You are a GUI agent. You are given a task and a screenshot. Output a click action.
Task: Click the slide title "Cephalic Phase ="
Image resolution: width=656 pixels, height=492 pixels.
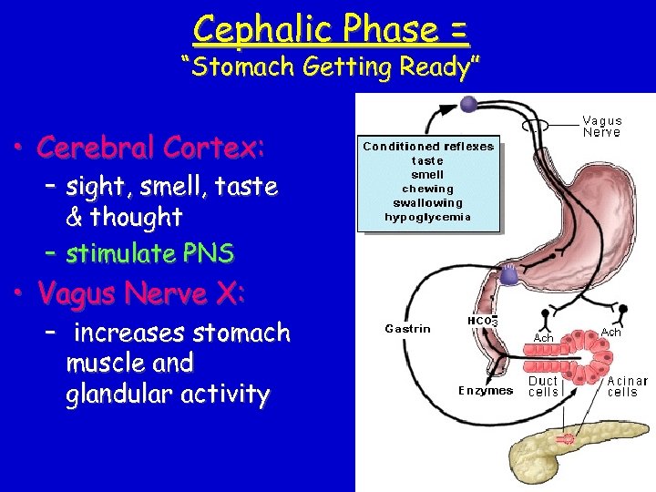(332, 29)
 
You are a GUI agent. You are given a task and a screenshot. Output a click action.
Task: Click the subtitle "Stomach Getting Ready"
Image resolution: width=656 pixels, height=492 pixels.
(330, 67)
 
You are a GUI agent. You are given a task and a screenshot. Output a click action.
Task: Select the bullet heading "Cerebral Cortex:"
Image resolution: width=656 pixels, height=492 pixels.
(151, 147)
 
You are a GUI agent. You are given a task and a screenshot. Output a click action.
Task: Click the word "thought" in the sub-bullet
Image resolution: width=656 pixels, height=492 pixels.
(136, 218)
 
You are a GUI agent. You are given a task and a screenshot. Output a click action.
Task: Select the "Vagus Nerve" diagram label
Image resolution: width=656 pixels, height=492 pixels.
(602, 127)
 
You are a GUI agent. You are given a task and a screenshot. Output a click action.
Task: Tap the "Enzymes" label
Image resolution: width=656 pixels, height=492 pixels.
(486, 391)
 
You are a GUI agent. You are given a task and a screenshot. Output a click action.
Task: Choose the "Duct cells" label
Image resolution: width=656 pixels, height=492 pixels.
(544, 386)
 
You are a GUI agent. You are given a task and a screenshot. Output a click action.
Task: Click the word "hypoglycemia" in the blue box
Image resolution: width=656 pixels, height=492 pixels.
(427, 217)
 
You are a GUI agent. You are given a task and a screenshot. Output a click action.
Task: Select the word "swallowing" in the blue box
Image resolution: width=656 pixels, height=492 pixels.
(427, 202)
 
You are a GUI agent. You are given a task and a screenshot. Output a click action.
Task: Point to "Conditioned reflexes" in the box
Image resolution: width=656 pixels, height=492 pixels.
(427, 147)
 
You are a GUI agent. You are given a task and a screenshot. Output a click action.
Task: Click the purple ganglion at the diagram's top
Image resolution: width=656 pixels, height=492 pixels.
(469, 104)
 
